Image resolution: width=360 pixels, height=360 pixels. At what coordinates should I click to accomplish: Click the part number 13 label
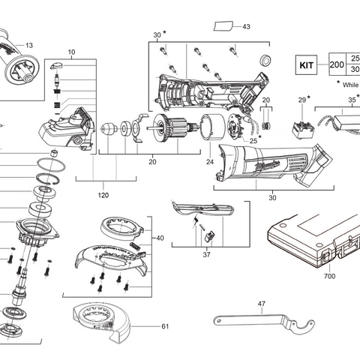coord(28,45)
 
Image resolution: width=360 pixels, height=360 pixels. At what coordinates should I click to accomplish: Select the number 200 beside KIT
coord(337,64)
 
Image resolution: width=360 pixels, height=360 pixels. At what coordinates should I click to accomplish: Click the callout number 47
coord(261,304)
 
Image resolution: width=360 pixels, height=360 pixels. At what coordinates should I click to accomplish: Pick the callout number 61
coord(165,326)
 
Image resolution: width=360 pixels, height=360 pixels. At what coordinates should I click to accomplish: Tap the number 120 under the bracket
coord(103,195)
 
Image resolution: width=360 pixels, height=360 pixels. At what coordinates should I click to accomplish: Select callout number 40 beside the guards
coord(159,238)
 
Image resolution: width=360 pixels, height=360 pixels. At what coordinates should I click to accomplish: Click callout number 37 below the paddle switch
coord(206,254)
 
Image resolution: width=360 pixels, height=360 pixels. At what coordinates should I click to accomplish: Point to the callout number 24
coord(210,161)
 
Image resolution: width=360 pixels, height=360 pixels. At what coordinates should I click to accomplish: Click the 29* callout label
coord(303,100)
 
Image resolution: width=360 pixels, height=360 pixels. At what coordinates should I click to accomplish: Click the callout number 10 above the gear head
coord(72,52)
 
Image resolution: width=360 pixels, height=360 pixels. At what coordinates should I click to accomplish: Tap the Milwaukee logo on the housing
coord(269,162)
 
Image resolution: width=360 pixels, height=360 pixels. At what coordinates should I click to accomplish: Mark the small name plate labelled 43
coord(223,26)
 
